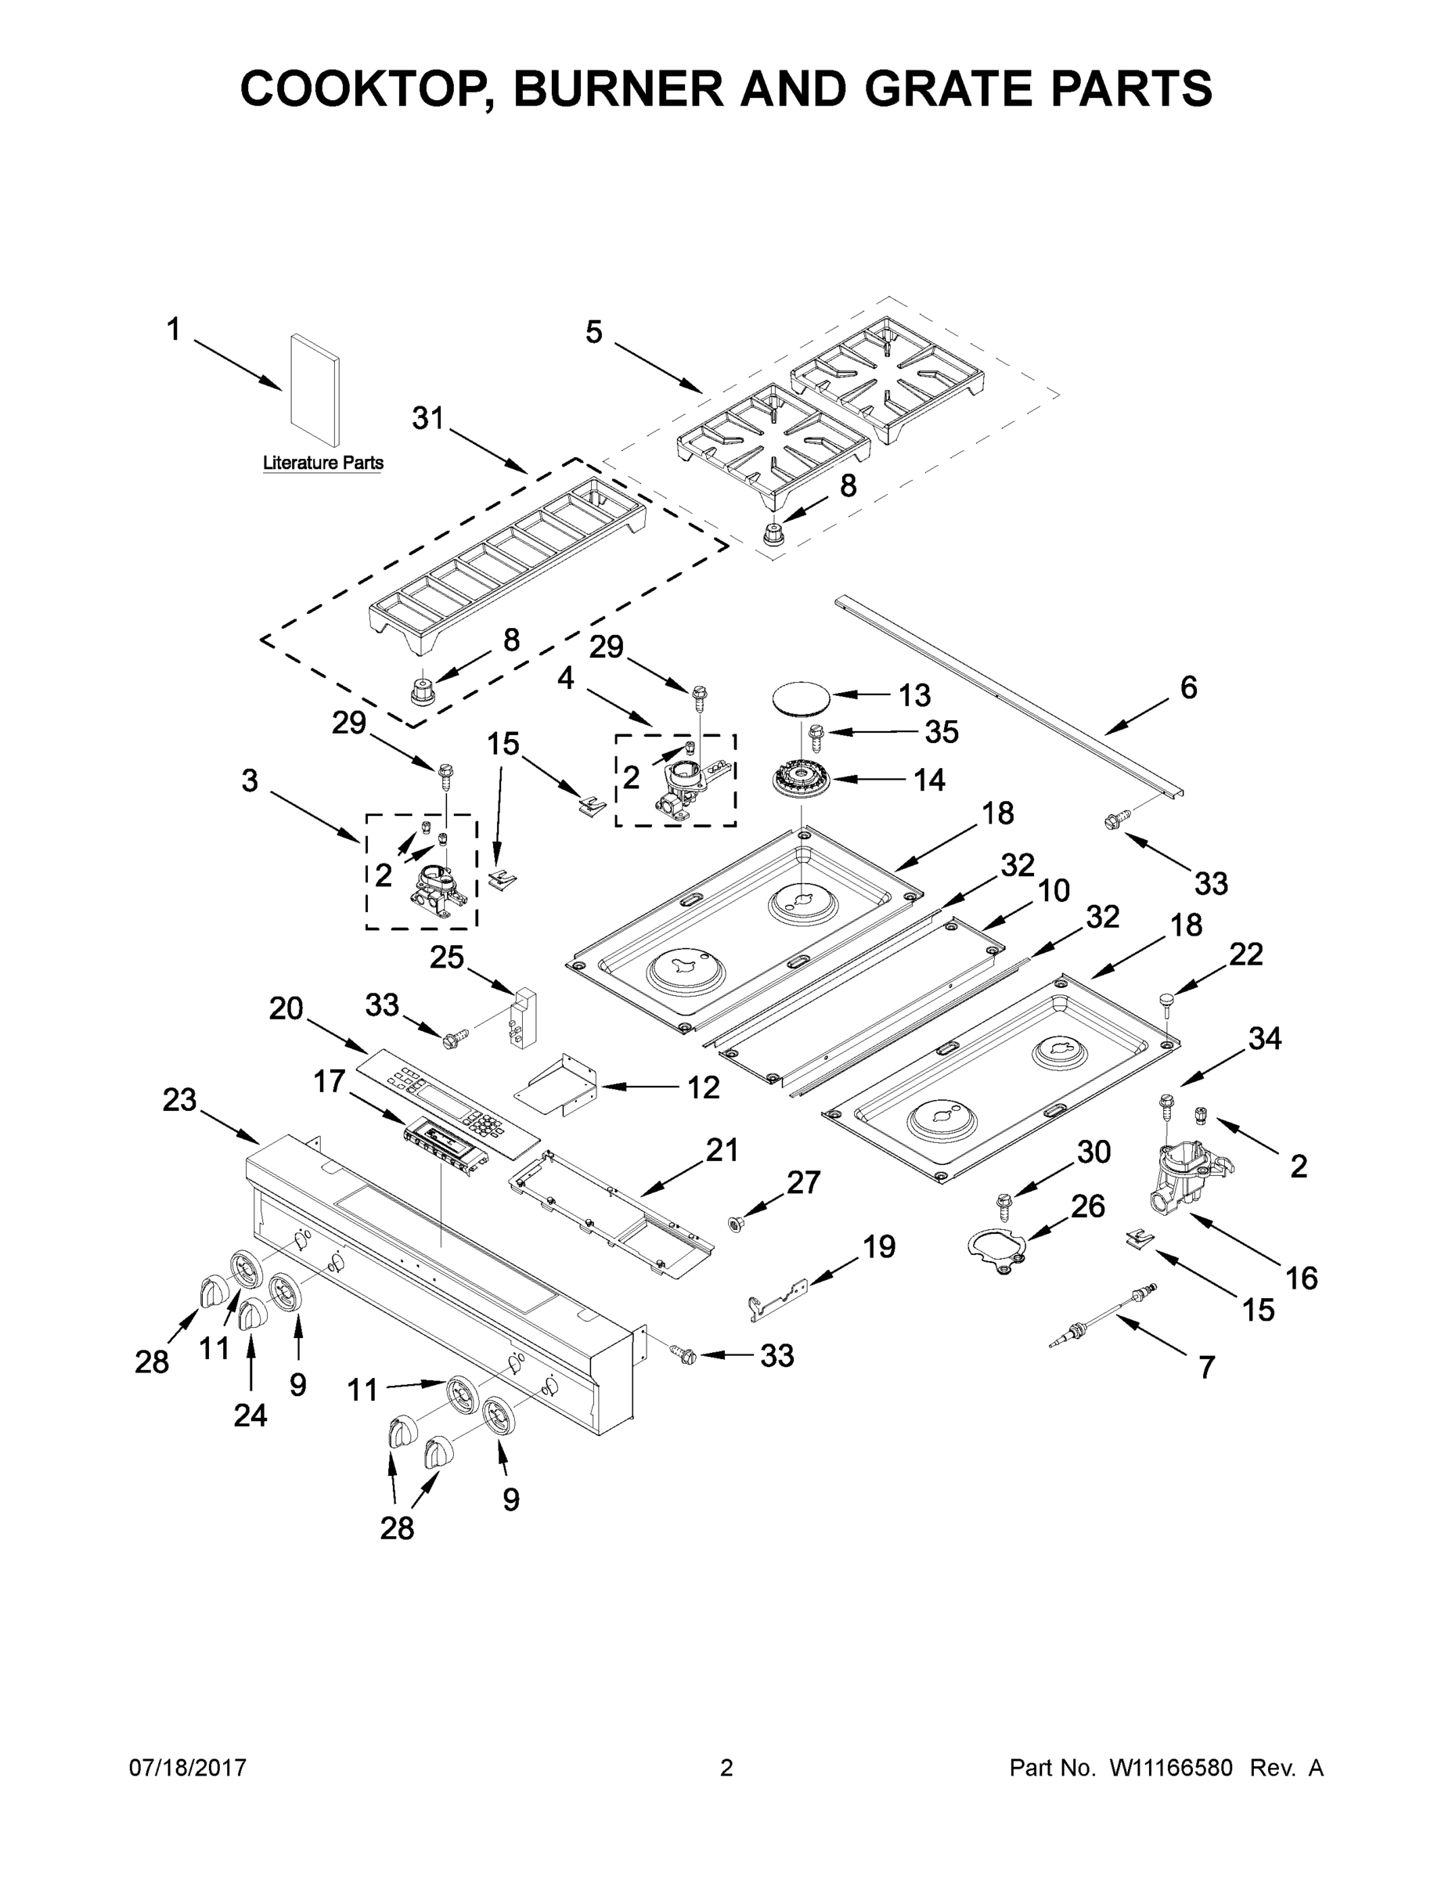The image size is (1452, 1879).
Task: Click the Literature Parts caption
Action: point(322,463)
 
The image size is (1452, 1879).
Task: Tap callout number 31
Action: point(427,418)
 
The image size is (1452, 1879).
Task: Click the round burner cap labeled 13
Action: point(799,695)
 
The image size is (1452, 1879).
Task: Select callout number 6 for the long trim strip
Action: point(1188,687)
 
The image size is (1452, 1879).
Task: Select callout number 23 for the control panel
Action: point(179,1099)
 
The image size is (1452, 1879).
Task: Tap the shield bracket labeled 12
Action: point(559,1086)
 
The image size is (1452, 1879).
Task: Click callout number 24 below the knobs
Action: point(250,1415)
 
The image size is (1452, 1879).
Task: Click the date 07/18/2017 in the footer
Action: point(188,1767)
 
